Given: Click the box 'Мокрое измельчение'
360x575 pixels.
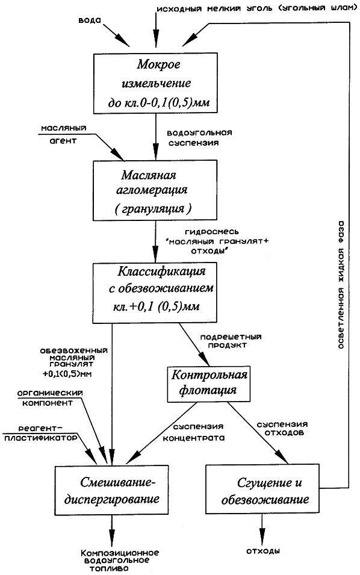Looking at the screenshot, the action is click(x=155, y=83).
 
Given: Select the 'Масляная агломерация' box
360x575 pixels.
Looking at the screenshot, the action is click(x=155, y=190).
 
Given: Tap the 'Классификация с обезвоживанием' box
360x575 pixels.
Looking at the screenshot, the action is click(x=155, y=293).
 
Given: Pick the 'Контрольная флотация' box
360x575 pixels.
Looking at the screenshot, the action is click(x=209, y=383).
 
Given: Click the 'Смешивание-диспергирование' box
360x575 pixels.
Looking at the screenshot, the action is click(x=112, y=490).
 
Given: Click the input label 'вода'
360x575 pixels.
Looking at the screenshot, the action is click(x=90, y=20).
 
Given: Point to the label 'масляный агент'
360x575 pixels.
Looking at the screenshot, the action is click(x=63, y=134).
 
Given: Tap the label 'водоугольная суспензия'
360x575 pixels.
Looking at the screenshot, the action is click(x=200, y=137).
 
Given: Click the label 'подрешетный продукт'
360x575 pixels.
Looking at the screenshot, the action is click(x=231, y=341).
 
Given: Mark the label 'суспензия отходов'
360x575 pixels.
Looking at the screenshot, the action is click(x=282, y=428).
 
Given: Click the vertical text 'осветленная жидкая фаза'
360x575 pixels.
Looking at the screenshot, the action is click(x=341, y=285).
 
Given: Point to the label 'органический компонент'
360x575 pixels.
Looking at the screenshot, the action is click(x=51, y=398).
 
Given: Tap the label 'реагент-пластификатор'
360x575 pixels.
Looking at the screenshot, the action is click(x=41, y=433).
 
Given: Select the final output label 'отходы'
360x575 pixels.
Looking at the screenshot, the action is click(x=263, y=551).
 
